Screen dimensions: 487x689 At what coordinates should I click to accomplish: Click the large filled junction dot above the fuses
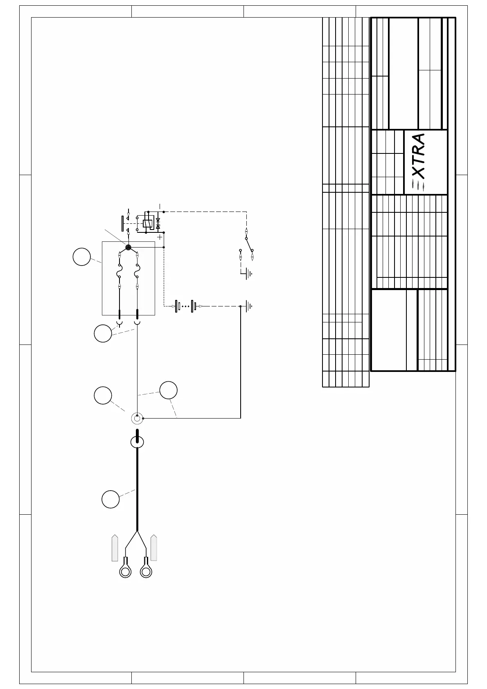coord(128,247)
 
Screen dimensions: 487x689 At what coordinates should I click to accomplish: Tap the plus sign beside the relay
coord(160,237)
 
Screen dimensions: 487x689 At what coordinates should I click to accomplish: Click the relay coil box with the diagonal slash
coord(147,223)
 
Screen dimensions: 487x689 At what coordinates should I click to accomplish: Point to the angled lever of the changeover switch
coord(249,245)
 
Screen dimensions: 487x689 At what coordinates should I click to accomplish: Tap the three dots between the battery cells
coord(185,306)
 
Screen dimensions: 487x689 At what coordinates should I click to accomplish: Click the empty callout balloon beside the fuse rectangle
coord(82,257)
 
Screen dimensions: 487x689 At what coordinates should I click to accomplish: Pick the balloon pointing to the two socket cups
coord(103,333)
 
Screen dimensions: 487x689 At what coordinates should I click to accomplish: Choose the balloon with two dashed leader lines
coord(168,390)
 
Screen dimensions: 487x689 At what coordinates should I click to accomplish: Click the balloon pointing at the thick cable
coord(110,499)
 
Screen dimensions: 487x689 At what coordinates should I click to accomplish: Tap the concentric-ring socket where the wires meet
coord(137,419)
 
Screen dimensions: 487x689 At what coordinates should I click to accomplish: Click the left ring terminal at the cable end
coord(125,571)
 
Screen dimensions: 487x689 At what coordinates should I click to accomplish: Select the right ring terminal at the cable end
coord(146,571)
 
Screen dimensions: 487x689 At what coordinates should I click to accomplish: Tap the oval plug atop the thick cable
coord(137,442)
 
